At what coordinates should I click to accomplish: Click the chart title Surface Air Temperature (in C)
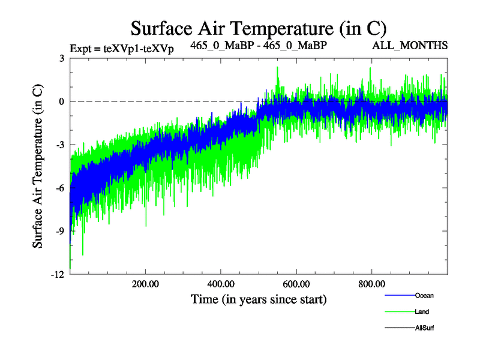(258, 28)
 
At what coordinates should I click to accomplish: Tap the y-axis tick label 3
(62, 58)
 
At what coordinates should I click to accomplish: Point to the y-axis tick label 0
(62, 101)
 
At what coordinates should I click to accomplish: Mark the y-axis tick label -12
(58, 274)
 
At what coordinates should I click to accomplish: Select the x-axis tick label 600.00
(296, 284)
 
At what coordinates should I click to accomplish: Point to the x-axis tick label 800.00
(371, 284)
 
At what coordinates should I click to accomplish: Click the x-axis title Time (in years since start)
(258, 298)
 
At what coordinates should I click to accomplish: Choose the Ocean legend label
(424, 295)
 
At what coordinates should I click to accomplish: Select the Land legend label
(422, 312)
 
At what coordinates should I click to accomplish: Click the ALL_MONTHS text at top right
(410, 45)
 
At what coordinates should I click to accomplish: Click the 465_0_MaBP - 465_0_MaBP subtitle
(259, 45)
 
